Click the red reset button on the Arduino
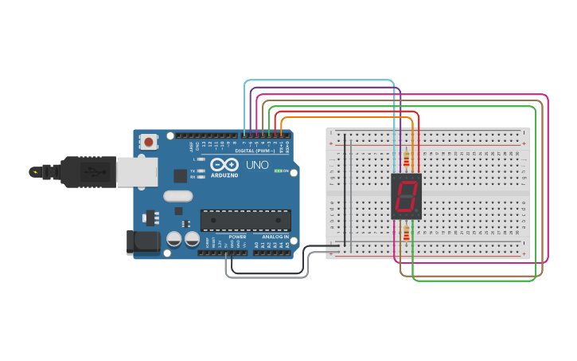(148, 142)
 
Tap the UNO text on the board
(257, 165)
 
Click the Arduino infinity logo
(224, 164)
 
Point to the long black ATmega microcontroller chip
(245, 220)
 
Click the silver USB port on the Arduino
(138, 171)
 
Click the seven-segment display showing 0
(406, 197)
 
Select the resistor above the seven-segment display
(406, 159)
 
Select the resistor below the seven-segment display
(406, 233)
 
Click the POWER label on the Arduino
(237, 237)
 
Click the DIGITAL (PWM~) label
(255, 151)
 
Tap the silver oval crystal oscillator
(177, 196)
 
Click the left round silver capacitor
(174, 238)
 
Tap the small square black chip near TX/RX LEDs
(181, 176)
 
